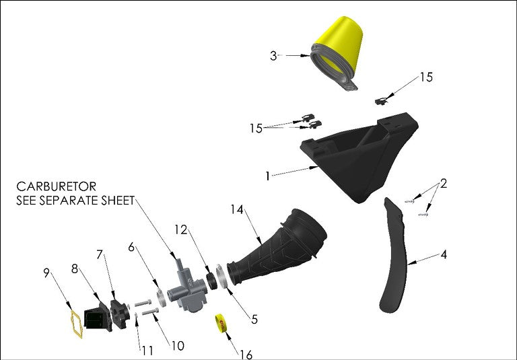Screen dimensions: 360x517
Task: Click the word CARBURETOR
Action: click(57, 186)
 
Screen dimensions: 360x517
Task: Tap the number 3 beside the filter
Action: click(273, 56)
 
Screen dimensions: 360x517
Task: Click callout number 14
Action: click(237, 210)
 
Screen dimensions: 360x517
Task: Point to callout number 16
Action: click(246, 354)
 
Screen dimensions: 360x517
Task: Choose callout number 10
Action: click(176, 346)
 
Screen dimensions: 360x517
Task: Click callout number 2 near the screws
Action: click(443, 184)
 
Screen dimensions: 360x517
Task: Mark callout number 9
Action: click(46, 273)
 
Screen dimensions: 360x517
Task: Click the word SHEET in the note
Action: click(114, 200)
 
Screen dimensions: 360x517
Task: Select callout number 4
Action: click(444, 255)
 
